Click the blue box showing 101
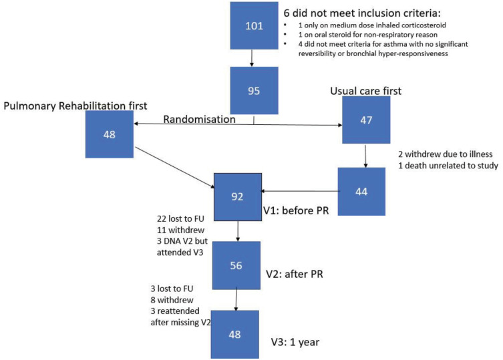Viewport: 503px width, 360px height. point(254,25)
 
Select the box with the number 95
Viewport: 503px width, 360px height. point(254,90)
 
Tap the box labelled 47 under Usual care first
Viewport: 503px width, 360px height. point(366,120)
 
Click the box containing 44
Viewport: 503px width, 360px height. point(361,191)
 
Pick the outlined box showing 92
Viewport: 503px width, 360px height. point(238,196)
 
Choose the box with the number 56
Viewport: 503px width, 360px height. point(236,265)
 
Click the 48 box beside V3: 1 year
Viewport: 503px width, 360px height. point(235,335)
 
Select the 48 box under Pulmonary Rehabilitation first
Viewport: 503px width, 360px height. point(110,134)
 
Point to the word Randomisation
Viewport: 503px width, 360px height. point(199,120)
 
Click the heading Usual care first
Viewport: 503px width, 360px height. point(365,91)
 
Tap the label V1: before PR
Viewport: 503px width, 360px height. point(296,210)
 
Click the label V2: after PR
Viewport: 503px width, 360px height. point(295,274)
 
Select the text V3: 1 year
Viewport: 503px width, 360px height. point(295,342)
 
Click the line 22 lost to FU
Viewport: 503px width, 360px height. point(180,219)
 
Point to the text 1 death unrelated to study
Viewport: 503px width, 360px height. point(448,166)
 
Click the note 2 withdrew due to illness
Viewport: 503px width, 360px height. point(446,154)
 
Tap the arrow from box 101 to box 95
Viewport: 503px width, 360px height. point(251,58)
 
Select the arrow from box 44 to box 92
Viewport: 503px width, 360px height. point(300,191)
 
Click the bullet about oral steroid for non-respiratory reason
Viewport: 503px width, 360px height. point(368,35)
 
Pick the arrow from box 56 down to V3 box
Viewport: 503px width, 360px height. point(236,300)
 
